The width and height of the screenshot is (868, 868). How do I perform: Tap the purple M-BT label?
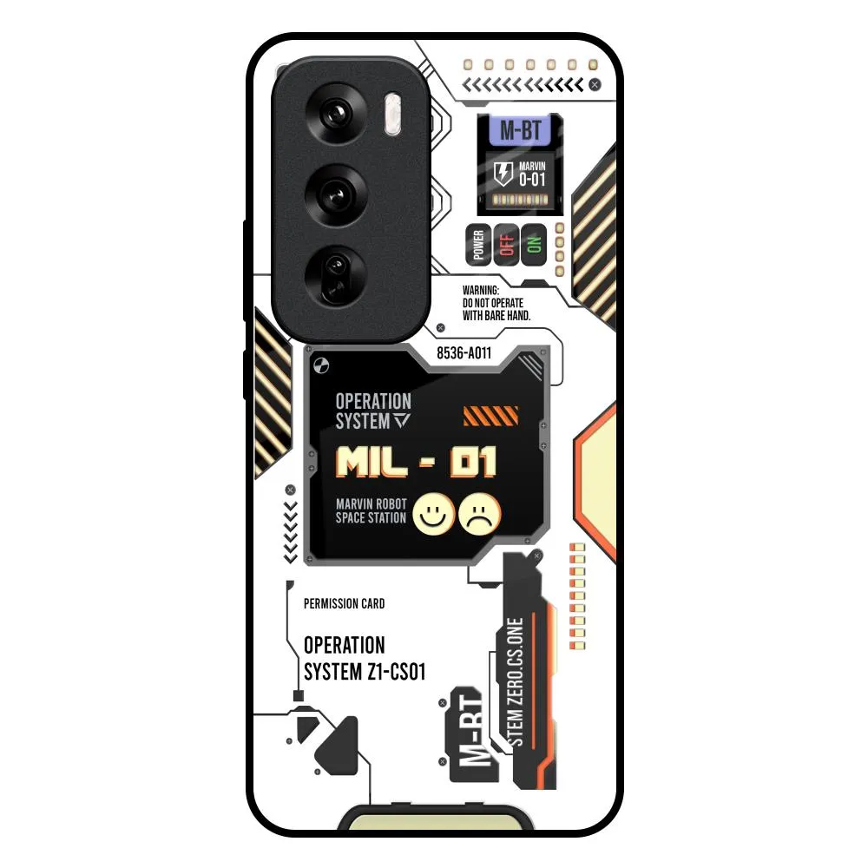coord(521,131)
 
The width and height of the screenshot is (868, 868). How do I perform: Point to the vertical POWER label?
coord(477,246)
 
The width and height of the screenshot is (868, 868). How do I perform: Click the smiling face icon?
coord(432,514)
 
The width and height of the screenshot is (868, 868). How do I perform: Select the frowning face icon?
coord(481,514)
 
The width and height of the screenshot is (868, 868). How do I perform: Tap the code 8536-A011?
coord(464,353)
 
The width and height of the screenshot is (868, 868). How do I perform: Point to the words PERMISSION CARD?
coord(345,603)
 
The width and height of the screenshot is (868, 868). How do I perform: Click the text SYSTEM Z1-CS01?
coord(365,673)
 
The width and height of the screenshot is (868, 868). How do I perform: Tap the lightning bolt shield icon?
coord(503,174)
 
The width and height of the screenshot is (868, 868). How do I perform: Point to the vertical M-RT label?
coord(470,729)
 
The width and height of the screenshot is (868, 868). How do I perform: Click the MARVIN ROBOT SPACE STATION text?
coord(371,511)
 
